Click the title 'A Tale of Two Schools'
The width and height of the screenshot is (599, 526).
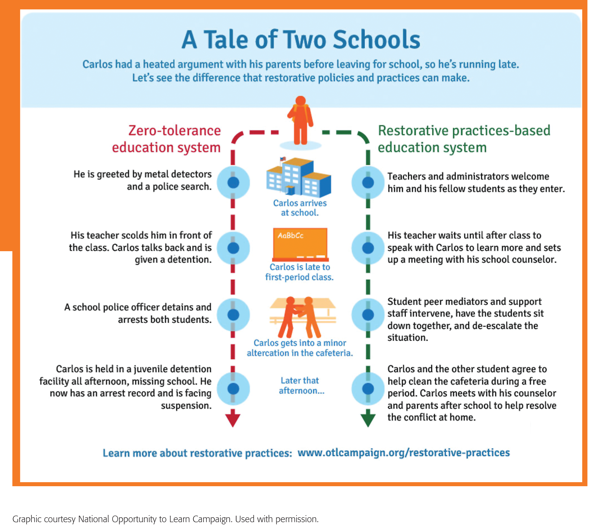coord(301,40)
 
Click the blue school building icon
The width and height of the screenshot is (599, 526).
coord(298,178)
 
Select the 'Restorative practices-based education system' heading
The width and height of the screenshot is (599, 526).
coord(463,139)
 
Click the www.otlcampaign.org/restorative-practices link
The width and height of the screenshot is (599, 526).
coord(403,453)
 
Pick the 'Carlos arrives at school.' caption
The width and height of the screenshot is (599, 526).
coord(300,208)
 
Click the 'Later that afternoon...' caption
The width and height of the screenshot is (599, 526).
coord(301,385)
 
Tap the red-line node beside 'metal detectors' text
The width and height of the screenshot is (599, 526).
coord(233,182)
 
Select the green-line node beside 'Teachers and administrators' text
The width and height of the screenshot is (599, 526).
coord(368,182)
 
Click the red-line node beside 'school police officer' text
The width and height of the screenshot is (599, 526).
coord(233,315)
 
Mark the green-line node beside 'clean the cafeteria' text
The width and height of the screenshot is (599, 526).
coord(368,389)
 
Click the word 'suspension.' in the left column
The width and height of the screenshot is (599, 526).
coord(186,406)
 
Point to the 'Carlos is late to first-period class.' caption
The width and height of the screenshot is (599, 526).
coord(299,272)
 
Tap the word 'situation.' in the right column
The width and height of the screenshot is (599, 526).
coord(408,338)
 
